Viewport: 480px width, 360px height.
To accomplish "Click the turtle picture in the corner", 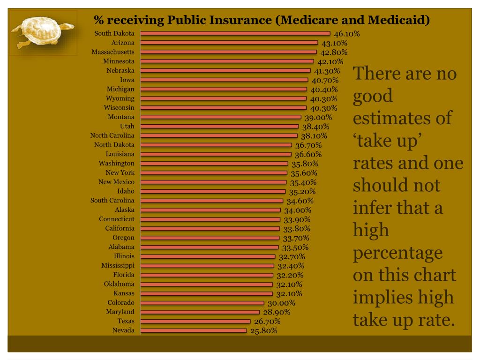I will pos(42,31).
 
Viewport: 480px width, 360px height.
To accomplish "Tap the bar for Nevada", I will pos(194,330).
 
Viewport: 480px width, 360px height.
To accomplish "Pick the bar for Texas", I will pos(195,321).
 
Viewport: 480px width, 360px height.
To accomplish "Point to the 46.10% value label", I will pos(346,34).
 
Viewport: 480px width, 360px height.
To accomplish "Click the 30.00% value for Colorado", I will pos(281,303).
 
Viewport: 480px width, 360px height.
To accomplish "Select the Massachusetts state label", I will pos(113,52).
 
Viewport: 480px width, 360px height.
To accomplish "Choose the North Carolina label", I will pos(112,135).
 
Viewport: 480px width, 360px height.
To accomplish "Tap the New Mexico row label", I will pos(116,182).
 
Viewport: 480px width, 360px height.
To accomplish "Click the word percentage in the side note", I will pos(397,253).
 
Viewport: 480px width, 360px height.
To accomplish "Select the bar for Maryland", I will pos(200,312).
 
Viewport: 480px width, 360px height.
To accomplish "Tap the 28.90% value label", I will pos(277,312).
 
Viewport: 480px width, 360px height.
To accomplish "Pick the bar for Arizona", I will pos(229,43).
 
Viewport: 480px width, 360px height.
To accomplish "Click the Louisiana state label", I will pos(120,154).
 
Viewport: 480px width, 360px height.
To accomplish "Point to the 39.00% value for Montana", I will pos(318,118).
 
